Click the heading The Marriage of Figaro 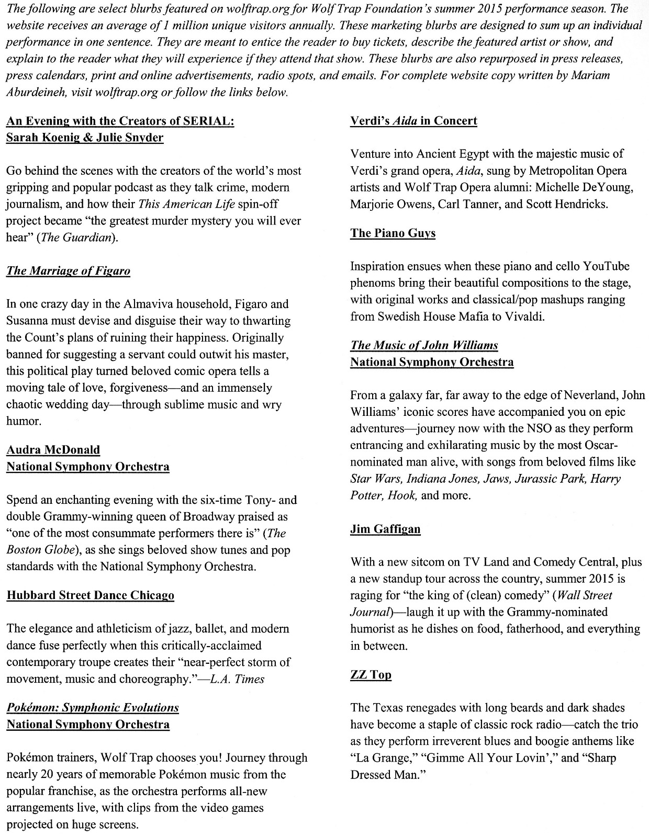point(68,271)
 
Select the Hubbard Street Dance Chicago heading point(90,595)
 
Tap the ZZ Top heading point(371,675)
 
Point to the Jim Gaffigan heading point(385,529)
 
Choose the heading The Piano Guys point(393,233)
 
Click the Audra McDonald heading point(53,450)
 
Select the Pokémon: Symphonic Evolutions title point(93,708)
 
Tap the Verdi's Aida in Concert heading point(413,121)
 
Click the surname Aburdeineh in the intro point(36,93)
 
